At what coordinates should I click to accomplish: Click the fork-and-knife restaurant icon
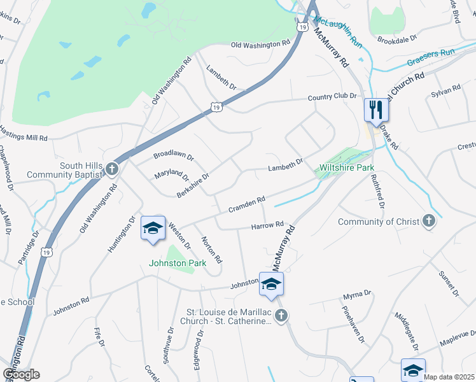coord(376,110)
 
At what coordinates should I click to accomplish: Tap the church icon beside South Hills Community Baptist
coord(112,169)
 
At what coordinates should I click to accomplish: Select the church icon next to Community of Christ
coord(430,221)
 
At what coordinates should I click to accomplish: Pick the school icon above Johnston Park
coord(153,228)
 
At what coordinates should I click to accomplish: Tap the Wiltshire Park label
coord(345,168)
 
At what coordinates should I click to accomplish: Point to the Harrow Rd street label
coord(267,225)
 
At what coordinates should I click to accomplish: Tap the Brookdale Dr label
coord(396,39)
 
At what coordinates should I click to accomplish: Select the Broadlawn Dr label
coord(173,156)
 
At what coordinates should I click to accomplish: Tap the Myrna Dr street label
coord(357,294)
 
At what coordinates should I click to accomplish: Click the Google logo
coord(21,374)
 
